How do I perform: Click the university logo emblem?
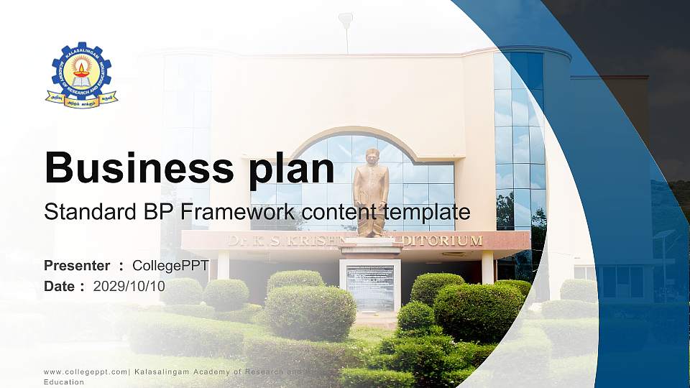81,75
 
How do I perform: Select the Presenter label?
77,266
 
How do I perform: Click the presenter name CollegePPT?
170,266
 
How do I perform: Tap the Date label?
60,287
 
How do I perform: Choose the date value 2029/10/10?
129,287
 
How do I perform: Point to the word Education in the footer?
64,382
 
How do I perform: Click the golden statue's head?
372,155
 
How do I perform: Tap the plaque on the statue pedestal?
370,287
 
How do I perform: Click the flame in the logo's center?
81,68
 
